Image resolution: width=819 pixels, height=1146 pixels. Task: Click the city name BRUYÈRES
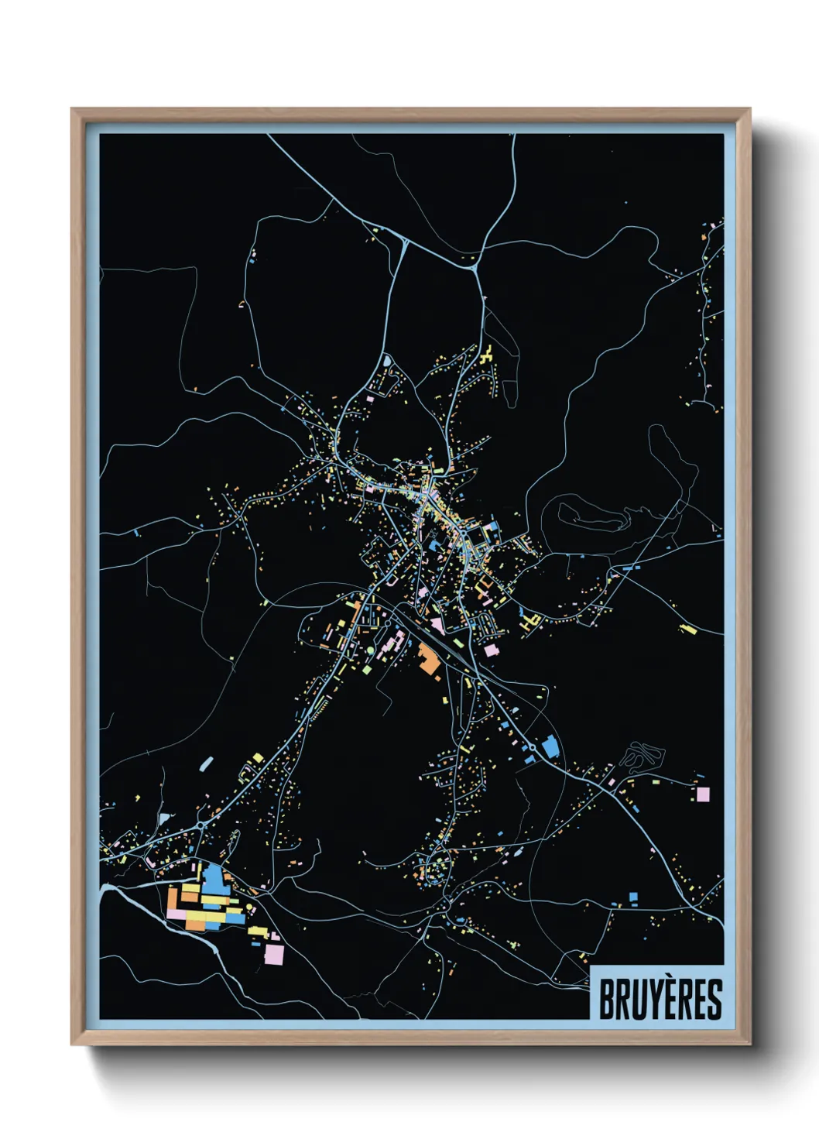click(660, 999)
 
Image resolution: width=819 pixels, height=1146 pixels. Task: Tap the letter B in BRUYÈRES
click(607, 1000)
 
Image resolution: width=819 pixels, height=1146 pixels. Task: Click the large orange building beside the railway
click(427, 659)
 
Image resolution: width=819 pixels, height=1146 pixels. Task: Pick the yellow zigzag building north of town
click(488, 357)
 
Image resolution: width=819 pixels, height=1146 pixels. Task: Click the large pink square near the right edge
click(703, 794)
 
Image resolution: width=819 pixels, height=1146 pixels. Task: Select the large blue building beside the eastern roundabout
click(550, 747)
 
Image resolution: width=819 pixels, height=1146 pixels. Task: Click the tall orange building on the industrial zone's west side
click(173, 899)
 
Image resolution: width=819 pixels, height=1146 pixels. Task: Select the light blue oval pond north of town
click(386, 360)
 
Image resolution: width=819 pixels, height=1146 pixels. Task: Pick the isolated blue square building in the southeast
click(633, 897)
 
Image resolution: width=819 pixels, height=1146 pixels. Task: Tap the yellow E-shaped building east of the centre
click(531, 621)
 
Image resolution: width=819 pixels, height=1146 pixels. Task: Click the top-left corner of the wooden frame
click(73, 110)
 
